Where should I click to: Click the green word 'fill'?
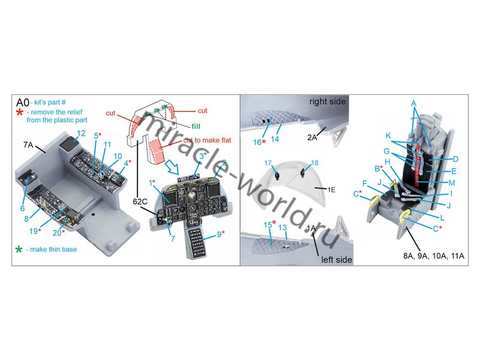click(196, 127)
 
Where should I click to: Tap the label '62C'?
click(140, 202)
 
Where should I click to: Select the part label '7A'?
click(28, 145)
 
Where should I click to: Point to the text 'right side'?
click(327, 101)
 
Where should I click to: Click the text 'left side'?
click(337, 260)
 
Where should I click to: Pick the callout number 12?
click(81, 133)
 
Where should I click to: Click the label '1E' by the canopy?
click(332, 190)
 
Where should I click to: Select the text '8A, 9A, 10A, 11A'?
click(433, 256)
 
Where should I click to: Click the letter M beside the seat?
click(452, 183)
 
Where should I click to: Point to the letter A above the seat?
click(413, 103)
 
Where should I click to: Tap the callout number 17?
click(268, 163)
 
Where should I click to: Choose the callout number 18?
click(314, 163)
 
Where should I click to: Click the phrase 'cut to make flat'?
click(207, 140)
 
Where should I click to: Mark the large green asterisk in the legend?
click(19, 250)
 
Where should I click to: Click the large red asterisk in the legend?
click(19, 112)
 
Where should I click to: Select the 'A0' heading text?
click(22, 102)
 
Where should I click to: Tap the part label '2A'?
click(312, 137)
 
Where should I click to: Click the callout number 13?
click(282, 228)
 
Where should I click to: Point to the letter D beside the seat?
click(455, 159)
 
